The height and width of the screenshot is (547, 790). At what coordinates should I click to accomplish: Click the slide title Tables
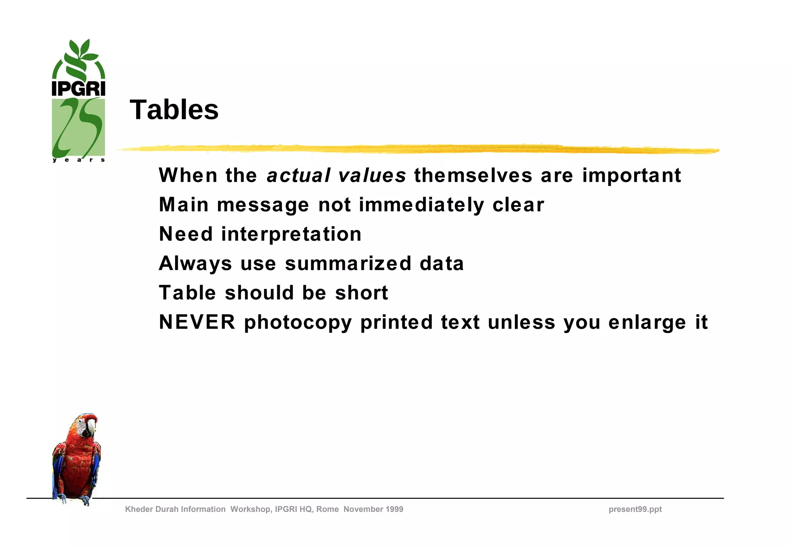coord(174,110)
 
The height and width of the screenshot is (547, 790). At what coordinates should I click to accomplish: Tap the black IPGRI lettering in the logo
coord(78,89)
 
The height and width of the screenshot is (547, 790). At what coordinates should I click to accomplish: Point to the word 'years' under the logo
coord(79,160)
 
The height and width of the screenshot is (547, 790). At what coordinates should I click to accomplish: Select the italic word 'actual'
coord(299,176)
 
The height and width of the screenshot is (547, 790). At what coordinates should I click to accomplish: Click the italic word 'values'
coord(372,176)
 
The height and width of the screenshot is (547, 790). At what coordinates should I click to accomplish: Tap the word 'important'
coord(631,176)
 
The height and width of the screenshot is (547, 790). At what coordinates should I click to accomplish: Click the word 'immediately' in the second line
coord(421,205)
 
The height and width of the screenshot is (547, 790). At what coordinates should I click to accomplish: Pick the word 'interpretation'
coord(291,234)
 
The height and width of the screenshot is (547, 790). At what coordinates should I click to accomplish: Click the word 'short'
coord(361,293)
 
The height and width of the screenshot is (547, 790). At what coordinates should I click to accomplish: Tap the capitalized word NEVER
coord(197,322)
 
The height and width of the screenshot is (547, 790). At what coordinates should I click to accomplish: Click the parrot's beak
coord(91,427)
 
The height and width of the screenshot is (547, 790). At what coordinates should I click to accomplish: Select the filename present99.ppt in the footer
coord(635,509)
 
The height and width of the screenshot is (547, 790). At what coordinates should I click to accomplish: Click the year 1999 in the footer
coord(393,509)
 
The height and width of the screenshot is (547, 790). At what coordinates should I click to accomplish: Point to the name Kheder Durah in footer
coord(152,509)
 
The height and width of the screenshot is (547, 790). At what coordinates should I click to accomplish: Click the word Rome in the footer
coord(327,509)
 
